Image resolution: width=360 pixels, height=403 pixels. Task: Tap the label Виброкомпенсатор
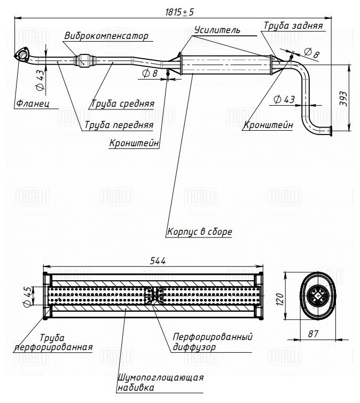105,36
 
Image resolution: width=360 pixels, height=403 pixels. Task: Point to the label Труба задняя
292,26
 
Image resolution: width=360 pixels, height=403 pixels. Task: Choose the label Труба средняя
123,104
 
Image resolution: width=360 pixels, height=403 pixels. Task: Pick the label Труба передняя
118,124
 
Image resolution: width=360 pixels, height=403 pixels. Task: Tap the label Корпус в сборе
199,232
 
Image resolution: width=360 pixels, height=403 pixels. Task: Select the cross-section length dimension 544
158,261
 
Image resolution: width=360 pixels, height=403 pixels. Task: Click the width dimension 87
313,334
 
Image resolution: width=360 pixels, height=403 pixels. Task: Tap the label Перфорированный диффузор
212,342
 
